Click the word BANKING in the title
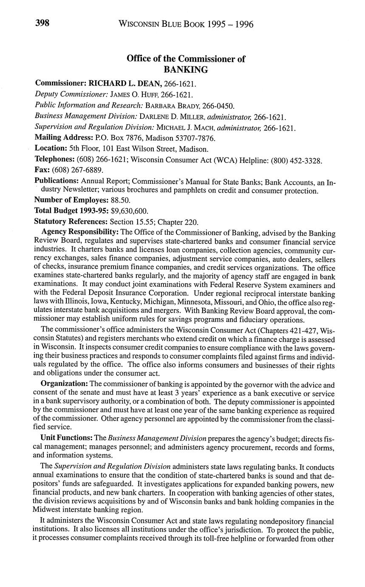point(186,69)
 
